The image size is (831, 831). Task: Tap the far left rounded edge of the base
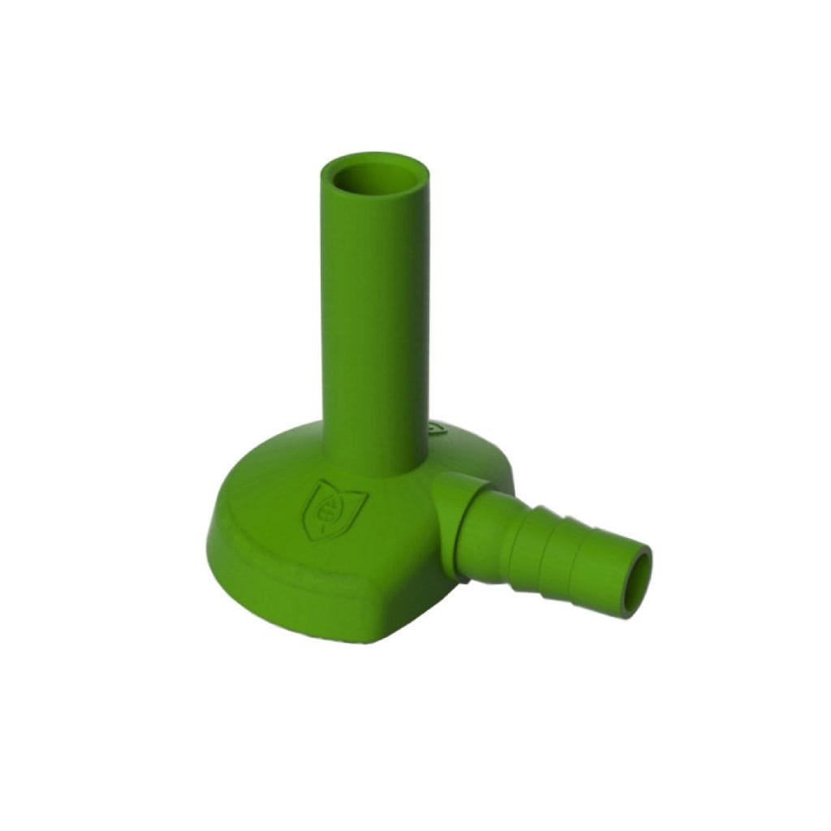[x=217, y=519]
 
